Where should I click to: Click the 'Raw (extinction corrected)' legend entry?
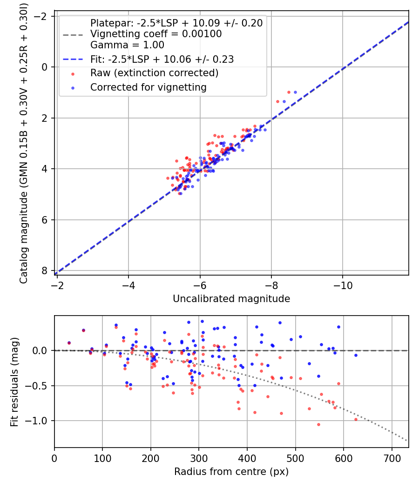pos(154,73)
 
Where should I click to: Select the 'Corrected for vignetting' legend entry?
pos(149,87)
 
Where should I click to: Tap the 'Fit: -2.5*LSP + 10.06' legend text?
pos(162,59)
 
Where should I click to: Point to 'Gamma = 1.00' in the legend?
pos(127,45)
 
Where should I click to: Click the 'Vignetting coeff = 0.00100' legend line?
pos(156,34)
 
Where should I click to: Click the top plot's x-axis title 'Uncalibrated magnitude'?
pos(231,299)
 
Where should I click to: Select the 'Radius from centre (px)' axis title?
pos(231,472)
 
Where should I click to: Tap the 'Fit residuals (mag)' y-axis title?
pos(14,382)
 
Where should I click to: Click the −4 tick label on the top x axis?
pos(128,284)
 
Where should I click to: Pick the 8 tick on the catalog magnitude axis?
pos(44,271)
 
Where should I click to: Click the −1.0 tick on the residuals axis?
pos(40,421)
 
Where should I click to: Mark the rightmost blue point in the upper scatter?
pos(295,92)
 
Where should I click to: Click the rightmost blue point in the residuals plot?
pos(356,355)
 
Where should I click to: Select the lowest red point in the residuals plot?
pos(318,424)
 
